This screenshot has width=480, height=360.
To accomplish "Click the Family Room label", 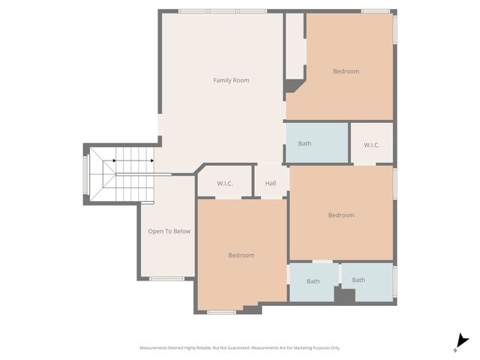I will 231,80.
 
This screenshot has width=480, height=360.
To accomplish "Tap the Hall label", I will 271,183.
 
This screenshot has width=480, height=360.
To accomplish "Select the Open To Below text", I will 169,231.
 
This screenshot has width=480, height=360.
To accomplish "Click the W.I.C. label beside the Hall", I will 225,183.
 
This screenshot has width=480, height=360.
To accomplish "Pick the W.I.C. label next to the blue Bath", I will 371,145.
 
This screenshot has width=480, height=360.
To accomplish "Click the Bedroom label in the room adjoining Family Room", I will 346,71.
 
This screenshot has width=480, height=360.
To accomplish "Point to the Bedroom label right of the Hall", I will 340,215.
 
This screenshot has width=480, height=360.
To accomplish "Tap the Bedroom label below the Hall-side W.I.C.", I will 241,255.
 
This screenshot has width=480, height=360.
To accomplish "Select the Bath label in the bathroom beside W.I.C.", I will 304,143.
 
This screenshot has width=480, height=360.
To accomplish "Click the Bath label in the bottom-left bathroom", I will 313,281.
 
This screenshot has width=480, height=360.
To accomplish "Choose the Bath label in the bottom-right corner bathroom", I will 358,280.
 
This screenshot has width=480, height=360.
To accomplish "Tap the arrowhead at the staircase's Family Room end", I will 151,160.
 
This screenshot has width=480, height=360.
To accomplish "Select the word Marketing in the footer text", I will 298,348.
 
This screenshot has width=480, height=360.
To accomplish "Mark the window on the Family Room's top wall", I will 223,11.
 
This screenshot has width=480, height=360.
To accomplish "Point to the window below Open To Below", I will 166,279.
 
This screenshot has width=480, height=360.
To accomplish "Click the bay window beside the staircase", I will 85,174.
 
